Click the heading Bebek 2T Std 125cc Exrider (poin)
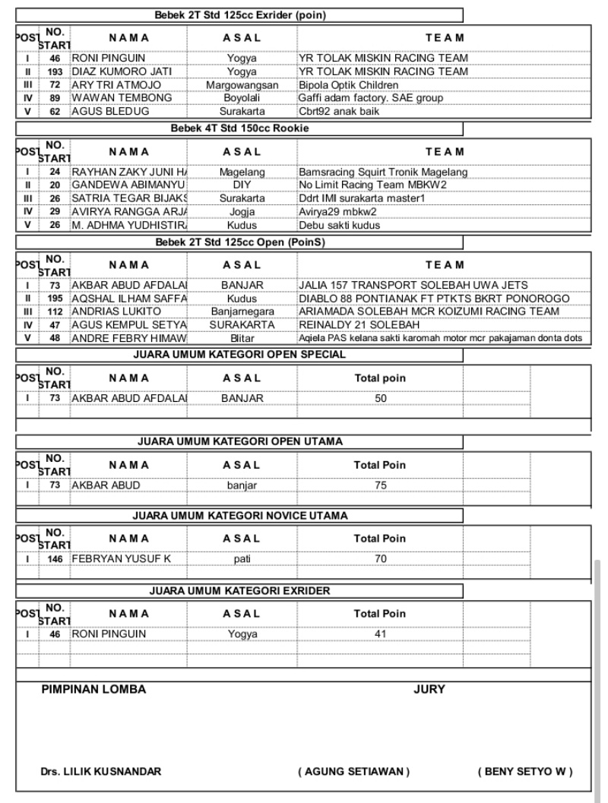click(240, 14)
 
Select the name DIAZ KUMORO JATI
click(122, 71)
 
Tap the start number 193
click(55, 71)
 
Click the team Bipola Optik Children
click(349, 85)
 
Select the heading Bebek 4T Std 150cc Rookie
click(240, 128)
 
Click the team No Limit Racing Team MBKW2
click(373, 185)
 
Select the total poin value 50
click(381, 397)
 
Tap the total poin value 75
click(381, 484)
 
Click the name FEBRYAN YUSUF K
click(122, 559)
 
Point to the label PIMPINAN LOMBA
click(93, 690)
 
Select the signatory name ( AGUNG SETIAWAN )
click(354, 773)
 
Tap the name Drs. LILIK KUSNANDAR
click(100, 773)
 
